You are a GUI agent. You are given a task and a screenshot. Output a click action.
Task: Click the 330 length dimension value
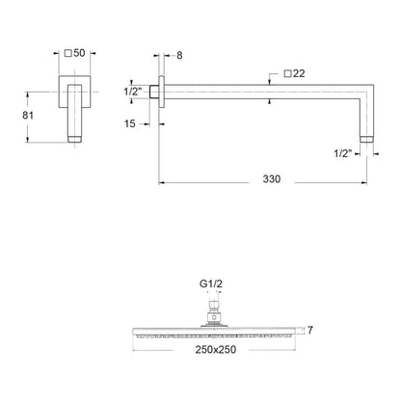[x=272, y=178]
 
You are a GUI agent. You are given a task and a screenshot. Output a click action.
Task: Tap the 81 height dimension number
[x=28, y=115]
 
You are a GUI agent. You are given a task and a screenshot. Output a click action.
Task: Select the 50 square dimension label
[x=79, y=53]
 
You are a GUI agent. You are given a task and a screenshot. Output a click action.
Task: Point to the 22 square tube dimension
[x=299, y=73]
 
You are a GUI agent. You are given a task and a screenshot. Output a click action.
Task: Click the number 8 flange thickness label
[x=179, y=55]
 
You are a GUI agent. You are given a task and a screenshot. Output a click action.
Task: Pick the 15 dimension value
[x=130, y=123]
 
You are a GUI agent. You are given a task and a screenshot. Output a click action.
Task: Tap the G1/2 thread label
[x=211, y=283]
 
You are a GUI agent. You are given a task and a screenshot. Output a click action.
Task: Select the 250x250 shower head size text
[x=216, y=349]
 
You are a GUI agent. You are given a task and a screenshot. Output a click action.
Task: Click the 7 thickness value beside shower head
[x=310, y=330]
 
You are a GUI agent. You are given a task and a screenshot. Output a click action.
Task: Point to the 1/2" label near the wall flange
[x=133, y=92]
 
